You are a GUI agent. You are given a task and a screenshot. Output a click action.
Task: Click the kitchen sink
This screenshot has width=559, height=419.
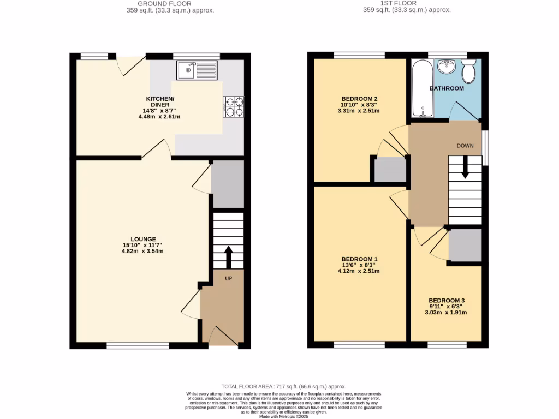click(197, 70)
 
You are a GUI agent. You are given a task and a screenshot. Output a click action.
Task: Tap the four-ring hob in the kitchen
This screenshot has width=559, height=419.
click(234, 106)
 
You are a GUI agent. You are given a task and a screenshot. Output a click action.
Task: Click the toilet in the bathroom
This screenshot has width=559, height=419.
click(468, 70)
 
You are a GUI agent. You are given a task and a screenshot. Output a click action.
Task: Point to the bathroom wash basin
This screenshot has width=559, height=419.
click(447, 67)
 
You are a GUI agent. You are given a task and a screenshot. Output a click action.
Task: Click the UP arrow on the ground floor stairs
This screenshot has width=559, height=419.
click(228, 257)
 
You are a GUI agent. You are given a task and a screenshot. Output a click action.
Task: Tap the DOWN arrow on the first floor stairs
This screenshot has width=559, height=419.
click(465, 167)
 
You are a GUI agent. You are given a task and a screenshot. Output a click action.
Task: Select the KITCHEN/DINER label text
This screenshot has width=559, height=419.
click(157, 101)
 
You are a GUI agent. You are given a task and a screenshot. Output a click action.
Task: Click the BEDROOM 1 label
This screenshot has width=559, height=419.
click(359, 259)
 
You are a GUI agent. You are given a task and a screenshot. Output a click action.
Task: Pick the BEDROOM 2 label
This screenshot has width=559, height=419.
click(359, 99)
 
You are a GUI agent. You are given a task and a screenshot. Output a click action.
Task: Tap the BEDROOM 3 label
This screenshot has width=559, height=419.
click(447, 301)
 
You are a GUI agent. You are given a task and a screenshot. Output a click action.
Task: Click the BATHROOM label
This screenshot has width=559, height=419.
click(447, 88)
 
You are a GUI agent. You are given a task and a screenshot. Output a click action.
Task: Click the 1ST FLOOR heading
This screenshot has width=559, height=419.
click(405, 3)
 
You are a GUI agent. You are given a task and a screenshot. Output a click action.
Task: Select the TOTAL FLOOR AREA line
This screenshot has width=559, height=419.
click(283, 386)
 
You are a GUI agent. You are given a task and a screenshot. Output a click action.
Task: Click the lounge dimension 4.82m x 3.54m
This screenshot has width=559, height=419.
click(143, 252)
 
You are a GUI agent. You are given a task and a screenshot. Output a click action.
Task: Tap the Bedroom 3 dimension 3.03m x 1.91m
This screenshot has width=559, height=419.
click(447, 313)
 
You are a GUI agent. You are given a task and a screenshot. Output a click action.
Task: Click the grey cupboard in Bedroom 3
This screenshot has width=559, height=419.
click(465, 244)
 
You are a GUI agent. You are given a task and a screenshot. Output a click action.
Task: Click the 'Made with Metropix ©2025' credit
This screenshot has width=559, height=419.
click(283, 416)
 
